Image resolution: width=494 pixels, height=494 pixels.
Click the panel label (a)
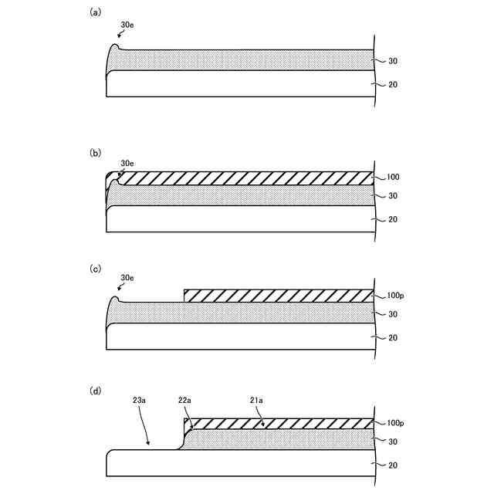coord(96,12)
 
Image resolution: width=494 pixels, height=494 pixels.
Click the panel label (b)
coord(96,153)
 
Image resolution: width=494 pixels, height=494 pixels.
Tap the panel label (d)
coord(96,391)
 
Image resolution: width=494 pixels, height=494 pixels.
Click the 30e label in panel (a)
coord(127,25)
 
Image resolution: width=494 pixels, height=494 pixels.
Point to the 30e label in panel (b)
coord(127,164)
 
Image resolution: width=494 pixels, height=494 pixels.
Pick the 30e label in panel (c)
coord(127,278)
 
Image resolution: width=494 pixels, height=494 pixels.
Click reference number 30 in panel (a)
coord(392,61)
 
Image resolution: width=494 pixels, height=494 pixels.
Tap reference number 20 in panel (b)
coord(392,220)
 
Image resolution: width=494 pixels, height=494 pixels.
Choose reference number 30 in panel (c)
coord(392,314)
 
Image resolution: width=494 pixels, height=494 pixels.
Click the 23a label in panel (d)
coord(138,401)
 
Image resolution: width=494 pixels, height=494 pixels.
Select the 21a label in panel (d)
coord(255,401)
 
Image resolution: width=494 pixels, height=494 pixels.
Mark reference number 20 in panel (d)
coord(392,465)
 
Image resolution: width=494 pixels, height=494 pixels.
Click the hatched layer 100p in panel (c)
coord(278,296)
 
